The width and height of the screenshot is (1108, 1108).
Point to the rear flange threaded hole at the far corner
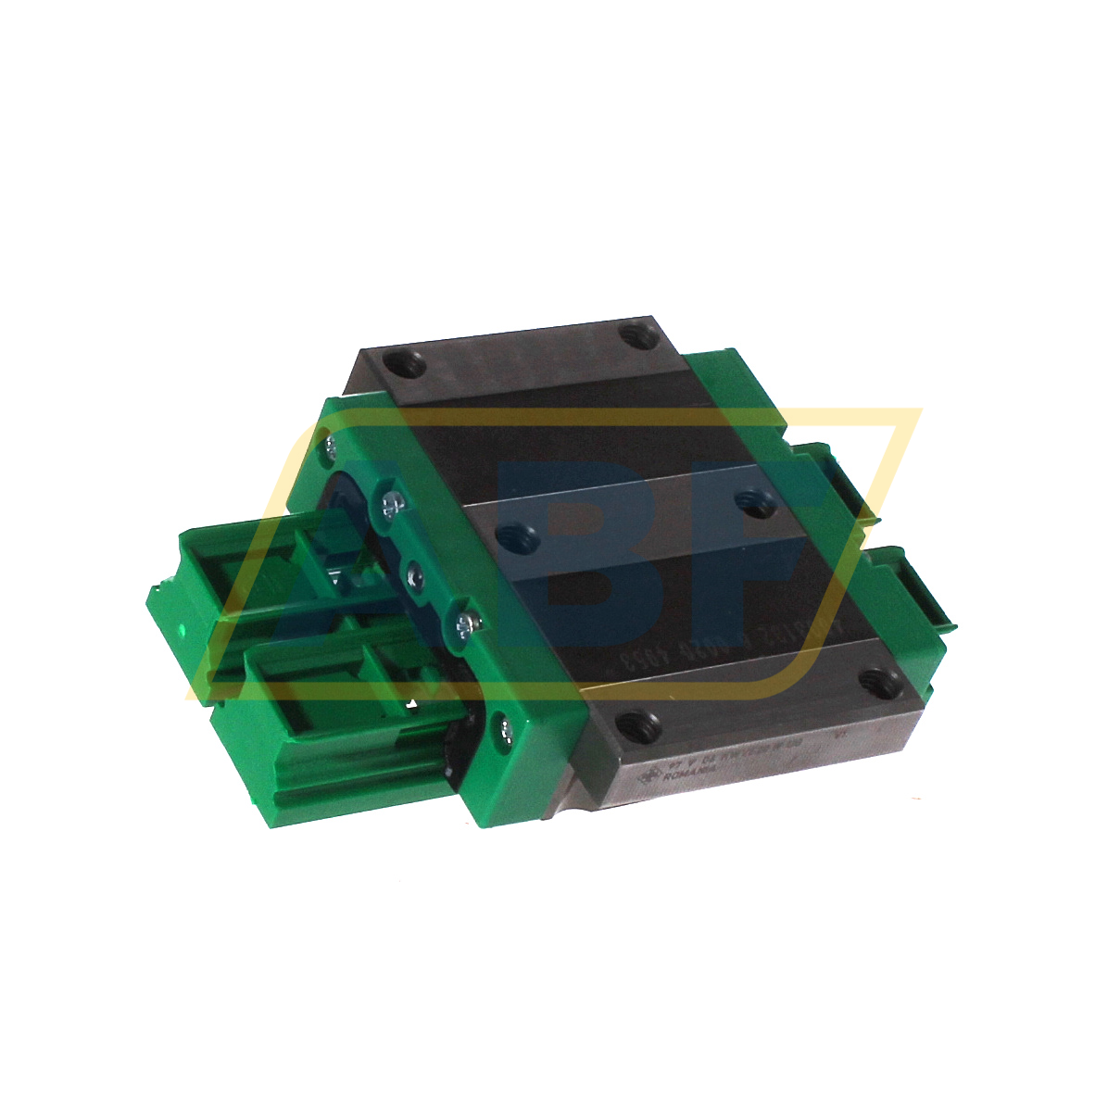pos(636,334)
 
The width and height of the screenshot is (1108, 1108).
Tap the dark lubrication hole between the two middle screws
pos(413,575)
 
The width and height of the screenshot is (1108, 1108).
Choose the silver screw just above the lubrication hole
pos(391,504)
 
